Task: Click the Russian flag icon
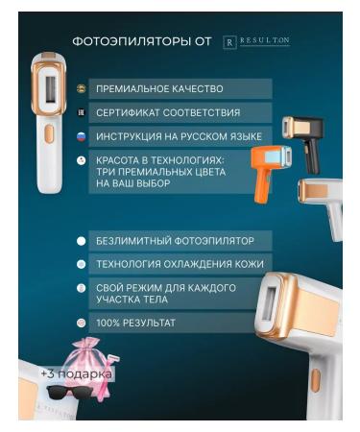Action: coord(82,135)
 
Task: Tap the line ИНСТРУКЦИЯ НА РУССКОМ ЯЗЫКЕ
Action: coord(179,136)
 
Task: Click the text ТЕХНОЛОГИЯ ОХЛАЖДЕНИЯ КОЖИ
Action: coord(180,263)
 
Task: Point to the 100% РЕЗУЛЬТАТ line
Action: coord(135,323)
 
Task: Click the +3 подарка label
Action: coord(77,373)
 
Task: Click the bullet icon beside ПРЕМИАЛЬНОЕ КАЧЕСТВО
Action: coord(82,88)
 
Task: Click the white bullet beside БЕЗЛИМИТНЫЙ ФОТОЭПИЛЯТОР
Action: coord(82,240)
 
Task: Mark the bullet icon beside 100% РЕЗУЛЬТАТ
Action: coord(82,323)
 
